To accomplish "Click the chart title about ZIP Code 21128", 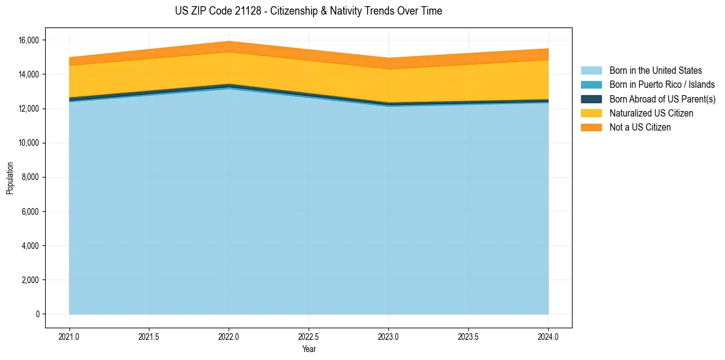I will (x=309, y=11).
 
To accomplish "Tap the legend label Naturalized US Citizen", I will (x=651, y=113).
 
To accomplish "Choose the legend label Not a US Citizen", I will (x=640, y=128).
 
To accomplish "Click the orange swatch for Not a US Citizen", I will (x=591, y=128).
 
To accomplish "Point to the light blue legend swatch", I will (x=591, y=71).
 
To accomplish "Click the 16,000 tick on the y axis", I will (x=29, y=40).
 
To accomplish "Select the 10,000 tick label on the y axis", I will (x=29, y=143).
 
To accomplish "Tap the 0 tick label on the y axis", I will (x=37, y=314).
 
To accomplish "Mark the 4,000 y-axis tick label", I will (x=31, y=246).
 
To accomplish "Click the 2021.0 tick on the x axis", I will (x=70, y=336).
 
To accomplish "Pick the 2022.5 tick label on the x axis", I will (x=309, y=336).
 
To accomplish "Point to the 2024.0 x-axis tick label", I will (x=548, y=336).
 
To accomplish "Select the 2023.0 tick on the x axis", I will (x=388, y=336).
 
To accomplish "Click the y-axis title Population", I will (x=10, y=178).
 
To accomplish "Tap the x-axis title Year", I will (x=309, y=350).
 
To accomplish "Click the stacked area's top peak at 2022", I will (x=229, y=42).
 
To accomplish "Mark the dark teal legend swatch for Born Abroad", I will (x=591, y=99).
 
